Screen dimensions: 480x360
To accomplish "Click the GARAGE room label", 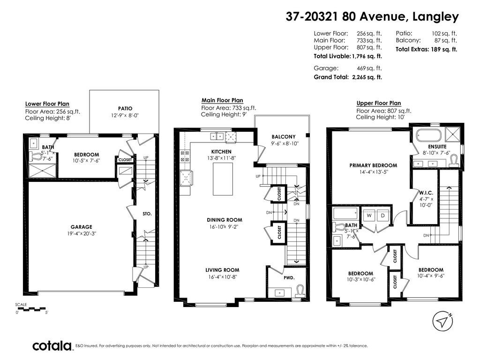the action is pyautogui.click(x=82, y=227).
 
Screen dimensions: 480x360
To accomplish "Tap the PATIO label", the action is pyautogui.click(x=125, y=108).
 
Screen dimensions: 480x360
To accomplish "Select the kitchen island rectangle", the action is pyautogui.click(x=223, y=179).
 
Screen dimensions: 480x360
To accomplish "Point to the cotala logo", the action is pyautogui.click(x=52, y=346).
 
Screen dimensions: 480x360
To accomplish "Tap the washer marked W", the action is pyautogui.click(x=369, y=216).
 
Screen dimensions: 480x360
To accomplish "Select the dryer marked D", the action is pyautogui.click(x=382, y=216).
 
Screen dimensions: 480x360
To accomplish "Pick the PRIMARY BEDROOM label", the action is pyautogui.click(x=373, y=165).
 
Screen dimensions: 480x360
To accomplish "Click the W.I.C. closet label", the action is pyautogui.click(x=426, y=193).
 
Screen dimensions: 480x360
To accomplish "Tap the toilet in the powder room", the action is pyautogui.click(x=300, y=290).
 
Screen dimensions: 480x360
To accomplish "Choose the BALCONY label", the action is pyautogui.click(x=284, y=137).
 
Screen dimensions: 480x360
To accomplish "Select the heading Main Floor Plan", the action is pyautogui.click(x=222, y=100).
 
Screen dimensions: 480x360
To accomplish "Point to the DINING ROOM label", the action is pyautogui.click(x=225, y=220).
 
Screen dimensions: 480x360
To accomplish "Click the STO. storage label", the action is pyautogui.click(x=147, y=214).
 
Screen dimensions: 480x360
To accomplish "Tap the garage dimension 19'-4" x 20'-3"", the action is pyautogui.click(x=82, y=233).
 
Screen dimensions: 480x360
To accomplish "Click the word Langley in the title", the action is pyautogui.click(x=435, y=16).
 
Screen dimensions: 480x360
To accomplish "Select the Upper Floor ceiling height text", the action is pyautogui.click(x=380, y=117).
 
